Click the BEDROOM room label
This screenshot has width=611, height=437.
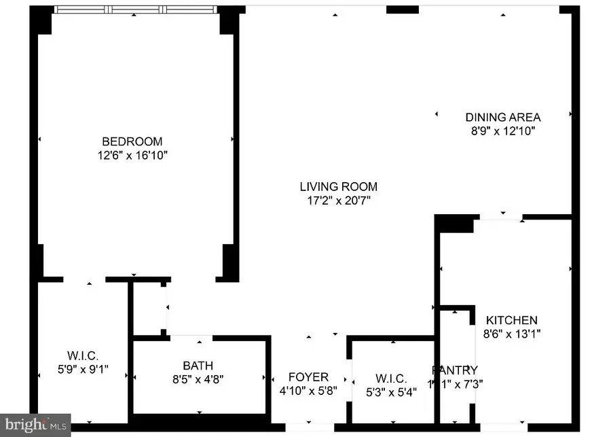point(132,141)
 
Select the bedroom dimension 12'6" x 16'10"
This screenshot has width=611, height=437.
point(132,156)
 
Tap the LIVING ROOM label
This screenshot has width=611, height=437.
point(338,186)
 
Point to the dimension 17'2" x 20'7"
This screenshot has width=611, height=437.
point(338,200)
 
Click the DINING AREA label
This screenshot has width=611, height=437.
point(502,117)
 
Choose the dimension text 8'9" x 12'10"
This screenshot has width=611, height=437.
point(502,131)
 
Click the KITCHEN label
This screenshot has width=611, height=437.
point(511,320)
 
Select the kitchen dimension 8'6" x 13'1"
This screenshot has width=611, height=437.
point(511,334)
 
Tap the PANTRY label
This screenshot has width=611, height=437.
point(455,370)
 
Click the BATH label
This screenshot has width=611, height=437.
point(198,365)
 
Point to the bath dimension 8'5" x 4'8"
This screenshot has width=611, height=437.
point(198,379)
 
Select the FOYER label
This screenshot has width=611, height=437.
point(308,377)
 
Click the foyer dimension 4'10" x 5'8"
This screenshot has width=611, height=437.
point(308,391)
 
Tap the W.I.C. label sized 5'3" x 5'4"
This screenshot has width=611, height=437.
point(390,378)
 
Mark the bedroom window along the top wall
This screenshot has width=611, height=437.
point(136,10)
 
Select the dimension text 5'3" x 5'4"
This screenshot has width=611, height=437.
point(390,391)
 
